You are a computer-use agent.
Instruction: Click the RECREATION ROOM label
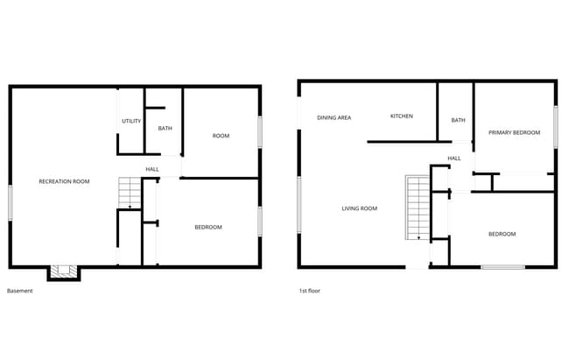[x=64, y=181]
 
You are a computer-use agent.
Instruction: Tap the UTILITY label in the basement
[x=131, y=121]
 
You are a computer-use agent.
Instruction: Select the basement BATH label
[x=165, y=129]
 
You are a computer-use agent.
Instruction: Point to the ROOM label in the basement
[x=221, y=136]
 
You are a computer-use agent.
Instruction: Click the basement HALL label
[x=152, y=169]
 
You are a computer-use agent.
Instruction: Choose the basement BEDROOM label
[x=207, y=227]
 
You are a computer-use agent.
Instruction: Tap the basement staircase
[x=130, y=192]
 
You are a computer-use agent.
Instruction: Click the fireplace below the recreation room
[x=63, y=272]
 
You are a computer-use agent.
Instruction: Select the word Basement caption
[x=19, y=291]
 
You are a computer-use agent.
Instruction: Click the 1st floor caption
[x=309, y=291]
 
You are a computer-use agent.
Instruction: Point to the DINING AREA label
[x=334, y=116]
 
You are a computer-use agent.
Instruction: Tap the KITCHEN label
[x=402, y=116]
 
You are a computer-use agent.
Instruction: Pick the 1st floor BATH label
[x=458, y=120]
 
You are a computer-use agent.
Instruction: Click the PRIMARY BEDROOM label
[x=514, y=132]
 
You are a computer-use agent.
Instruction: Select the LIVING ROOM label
[x=359, y=208]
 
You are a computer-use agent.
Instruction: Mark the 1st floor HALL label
[x=454, y=159]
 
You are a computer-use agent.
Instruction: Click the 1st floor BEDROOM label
[x=502, y=234]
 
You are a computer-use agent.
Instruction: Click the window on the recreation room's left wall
[x=11, y=202]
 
